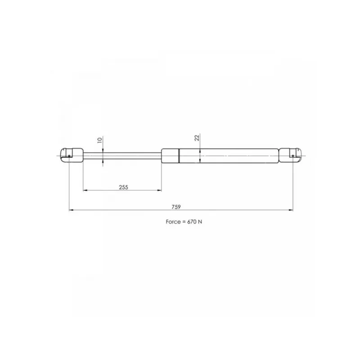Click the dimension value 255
pos(123,187)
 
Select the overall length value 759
pos(176,207)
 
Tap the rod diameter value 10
pos(99,140)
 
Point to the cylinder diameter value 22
pos(197,138)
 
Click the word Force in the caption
pos(173,222)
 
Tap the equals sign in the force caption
pos(184,222)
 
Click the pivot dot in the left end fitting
pos(69,156)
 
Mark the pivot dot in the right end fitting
pos(293,156)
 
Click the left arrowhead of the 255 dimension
pos(85,190)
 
